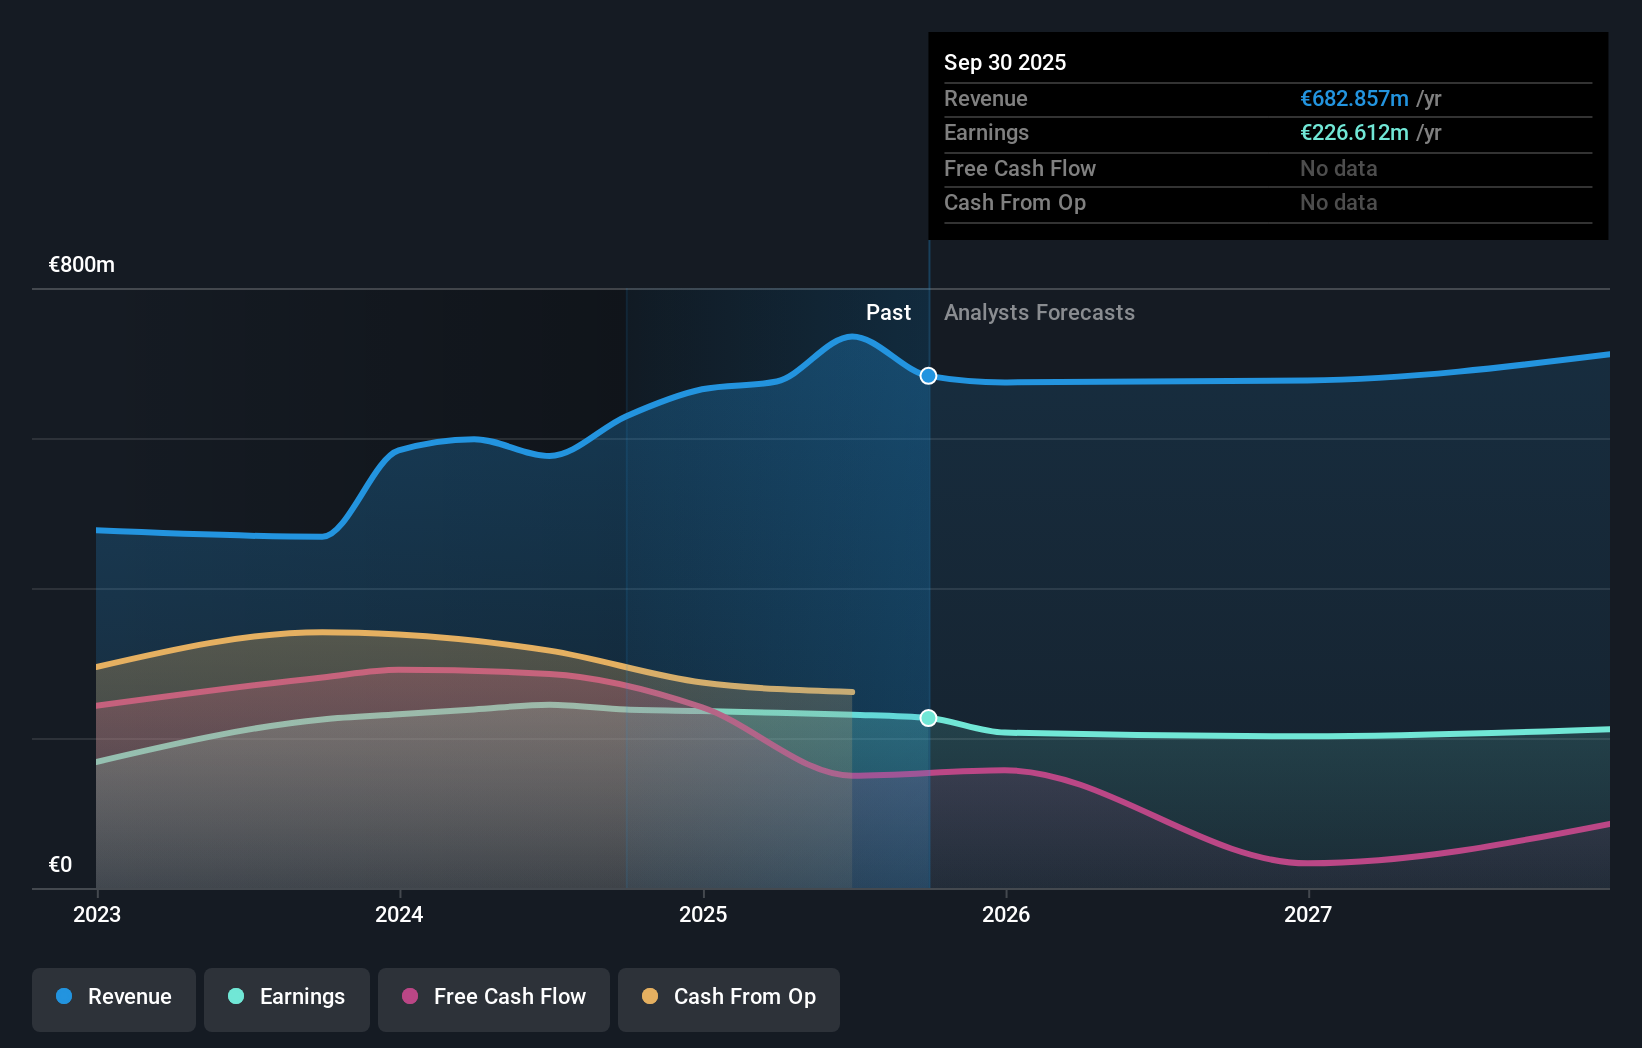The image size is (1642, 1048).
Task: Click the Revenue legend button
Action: point(114,998)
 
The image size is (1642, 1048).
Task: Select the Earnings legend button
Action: point(287,998)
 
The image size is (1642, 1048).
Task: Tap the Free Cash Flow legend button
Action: point(494,998)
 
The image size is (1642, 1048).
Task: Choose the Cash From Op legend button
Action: point(729,998)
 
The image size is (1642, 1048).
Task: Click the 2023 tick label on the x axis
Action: point(97,915)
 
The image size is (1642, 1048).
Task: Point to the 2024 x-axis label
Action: point(399,915)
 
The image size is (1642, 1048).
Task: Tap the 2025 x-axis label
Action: point(703,915)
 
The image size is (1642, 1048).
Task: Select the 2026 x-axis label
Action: point(1006,915)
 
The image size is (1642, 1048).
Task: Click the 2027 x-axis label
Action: point(1308,915)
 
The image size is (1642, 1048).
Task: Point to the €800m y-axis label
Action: point(82,265)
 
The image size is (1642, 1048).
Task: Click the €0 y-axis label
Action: point(60,865)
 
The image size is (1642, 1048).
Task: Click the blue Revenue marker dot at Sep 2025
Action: point(928,376)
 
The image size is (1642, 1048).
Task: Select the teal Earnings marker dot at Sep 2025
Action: point(928,718)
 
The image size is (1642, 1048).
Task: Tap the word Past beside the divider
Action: point(888,313)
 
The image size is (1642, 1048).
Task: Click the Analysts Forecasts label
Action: point(1039,313)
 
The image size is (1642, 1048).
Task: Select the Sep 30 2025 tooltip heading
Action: point(1005,63)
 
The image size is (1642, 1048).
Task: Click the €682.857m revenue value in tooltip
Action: point(1354,99)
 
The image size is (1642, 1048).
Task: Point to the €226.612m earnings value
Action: point(1354,133)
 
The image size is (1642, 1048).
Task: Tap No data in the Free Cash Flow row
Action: point(1338,169)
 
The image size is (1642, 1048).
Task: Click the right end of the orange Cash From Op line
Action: point(851,692)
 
